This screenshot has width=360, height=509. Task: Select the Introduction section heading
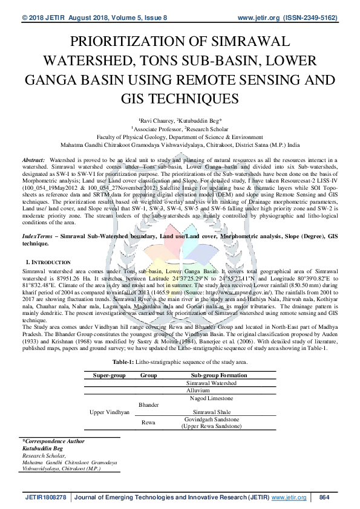click(48, 262)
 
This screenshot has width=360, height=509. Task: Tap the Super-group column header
click(109, 375)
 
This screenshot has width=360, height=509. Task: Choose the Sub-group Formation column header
click(211, 375)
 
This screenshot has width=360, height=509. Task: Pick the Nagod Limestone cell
click(211, 399)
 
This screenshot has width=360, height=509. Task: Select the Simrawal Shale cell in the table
click(211, 410)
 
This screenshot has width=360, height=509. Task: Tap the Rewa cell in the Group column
click(148, 423)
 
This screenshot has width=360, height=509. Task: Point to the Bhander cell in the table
click(149, 403)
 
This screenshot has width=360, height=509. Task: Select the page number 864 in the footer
click(324, 497)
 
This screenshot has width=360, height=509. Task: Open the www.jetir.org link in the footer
click(289, 497)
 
